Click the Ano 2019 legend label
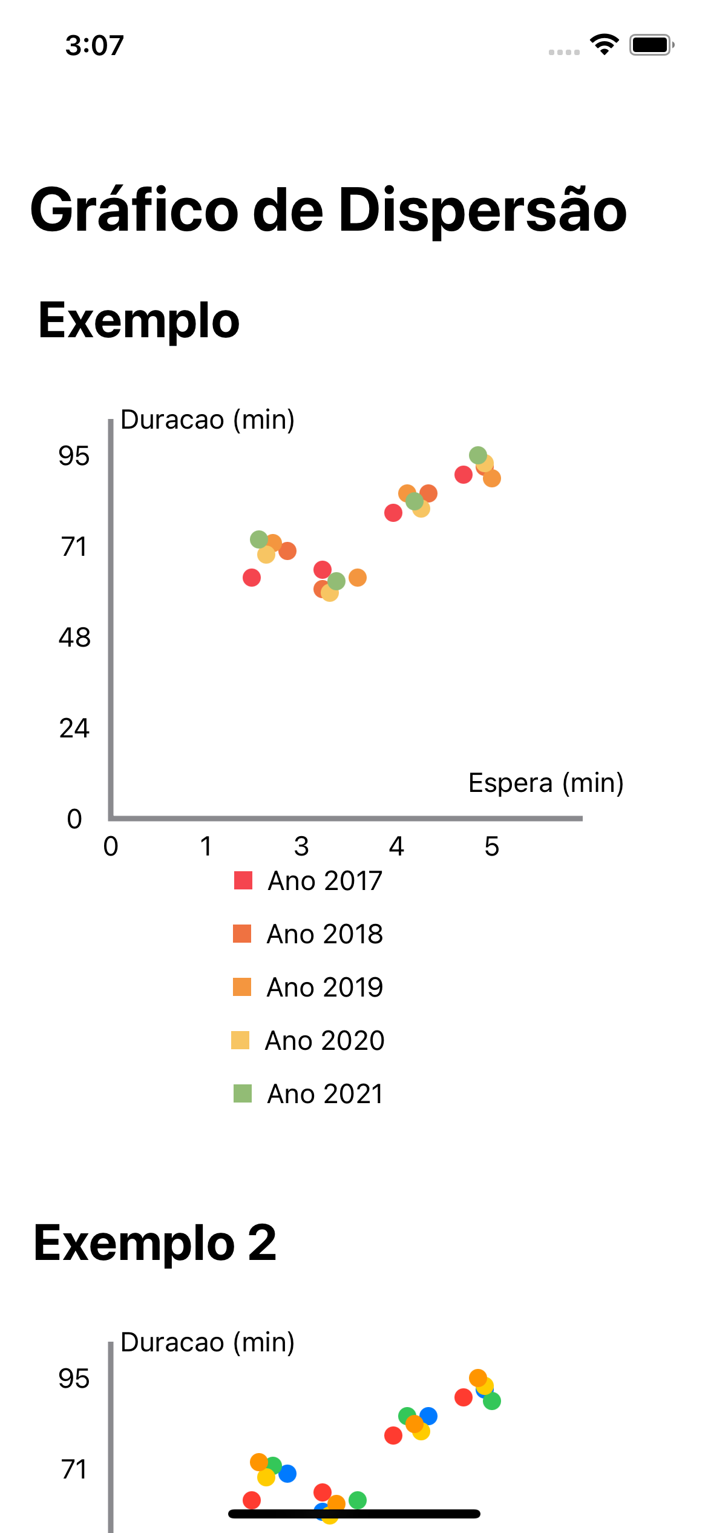tap(324, 987)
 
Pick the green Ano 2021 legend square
tap(243, 1093)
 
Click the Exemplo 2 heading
tap(155, 1243)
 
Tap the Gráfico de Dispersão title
tap(329, 210)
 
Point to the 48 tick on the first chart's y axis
tap(74, 638)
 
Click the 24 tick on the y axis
tap(74, 728)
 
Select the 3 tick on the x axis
tap(301, 846)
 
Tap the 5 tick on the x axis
tap(492, 846)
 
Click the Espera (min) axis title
tap(546, 783)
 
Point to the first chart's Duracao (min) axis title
tap(208, 420)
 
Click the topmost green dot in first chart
tap(478, 455)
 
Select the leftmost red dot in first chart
tap(252, 578)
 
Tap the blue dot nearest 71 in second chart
tap(287, 1473)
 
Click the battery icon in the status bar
tap(651, 45)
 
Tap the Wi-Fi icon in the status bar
tap(604, 44)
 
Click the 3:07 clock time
tap(94, 45)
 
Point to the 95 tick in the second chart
tap(74, 1379)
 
